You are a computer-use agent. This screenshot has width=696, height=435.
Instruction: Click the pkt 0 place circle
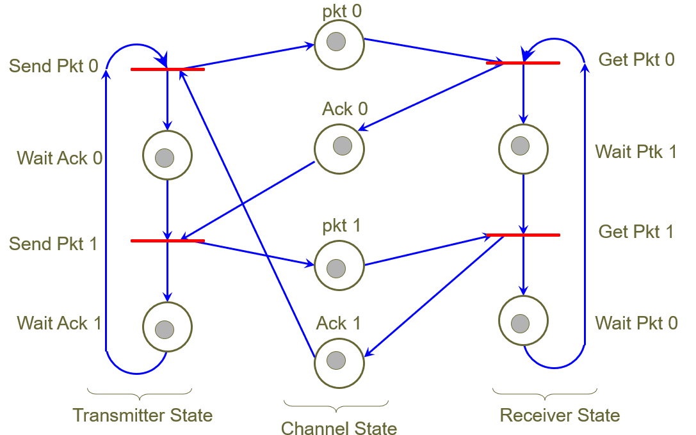click(339, 43)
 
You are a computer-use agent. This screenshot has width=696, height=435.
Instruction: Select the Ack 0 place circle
click(339, 148)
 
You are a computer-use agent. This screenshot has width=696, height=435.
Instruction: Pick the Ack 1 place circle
click(339, 362)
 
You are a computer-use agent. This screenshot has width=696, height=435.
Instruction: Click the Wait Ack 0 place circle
click(167, 156)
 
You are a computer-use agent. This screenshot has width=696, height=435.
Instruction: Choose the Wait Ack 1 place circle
click(167, 328)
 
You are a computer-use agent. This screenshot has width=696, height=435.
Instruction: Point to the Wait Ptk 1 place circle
click(523, 148)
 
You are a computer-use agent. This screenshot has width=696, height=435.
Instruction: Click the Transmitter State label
click(143, 415)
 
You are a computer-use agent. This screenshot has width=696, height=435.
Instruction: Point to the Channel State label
click(339, 427)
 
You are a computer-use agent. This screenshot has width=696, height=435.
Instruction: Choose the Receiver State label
click(560, 415)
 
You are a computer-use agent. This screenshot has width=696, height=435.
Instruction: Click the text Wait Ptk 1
click(636, 152)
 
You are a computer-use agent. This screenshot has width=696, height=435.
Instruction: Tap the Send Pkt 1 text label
click(53, 244)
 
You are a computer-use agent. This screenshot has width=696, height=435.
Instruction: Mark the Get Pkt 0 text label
click(636, 60)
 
